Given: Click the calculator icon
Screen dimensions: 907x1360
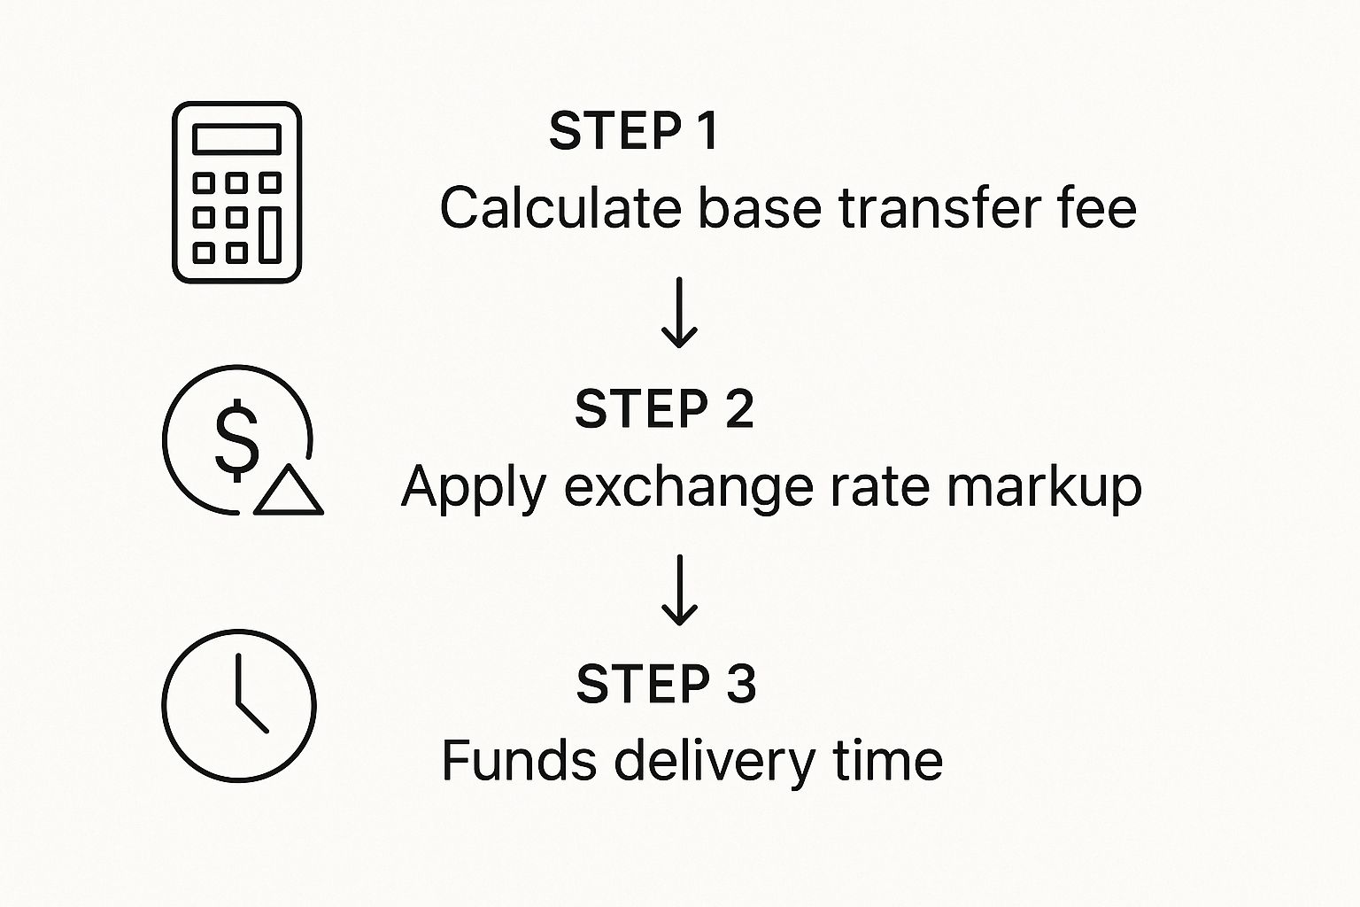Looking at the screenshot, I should point(236,192).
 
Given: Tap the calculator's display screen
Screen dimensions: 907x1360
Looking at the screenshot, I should point(236,139).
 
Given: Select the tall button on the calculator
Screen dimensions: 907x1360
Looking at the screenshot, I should point(270,235).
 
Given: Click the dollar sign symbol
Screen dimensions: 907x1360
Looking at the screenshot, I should point(237,440).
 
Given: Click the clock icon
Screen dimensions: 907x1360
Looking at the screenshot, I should point(238,706).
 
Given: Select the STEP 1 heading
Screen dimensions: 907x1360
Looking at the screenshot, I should point(633,131).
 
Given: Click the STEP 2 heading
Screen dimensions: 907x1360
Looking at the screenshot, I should point(664,409).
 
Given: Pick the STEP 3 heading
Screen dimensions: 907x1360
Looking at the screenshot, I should point(666,685).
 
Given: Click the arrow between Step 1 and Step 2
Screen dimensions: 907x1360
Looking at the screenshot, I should point(680,312).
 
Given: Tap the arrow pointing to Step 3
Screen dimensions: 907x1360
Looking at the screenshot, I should point(680,590).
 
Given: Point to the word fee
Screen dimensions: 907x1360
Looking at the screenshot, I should point(1096,209).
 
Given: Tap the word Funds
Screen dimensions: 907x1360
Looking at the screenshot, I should point(518,761).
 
